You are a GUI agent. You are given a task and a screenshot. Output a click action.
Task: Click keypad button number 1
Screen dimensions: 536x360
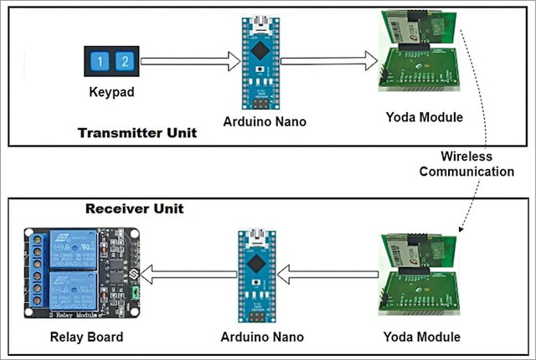click(x=100, y=61)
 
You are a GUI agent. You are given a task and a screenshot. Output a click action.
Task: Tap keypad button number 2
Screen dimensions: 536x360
click(x=125, y=61)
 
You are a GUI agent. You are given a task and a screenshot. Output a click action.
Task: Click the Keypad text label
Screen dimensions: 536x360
click(x=111, y=92)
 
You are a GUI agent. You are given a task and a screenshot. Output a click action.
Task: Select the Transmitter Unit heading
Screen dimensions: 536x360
click(x=137, y=133)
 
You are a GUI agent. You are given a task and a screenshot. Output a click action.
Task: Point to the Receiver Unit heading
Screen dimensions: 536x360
click(x=135, y=208)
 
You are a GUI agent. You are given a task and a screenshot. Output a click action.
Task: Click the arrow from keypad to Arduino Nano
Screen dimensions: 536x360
click(x=191, y=61)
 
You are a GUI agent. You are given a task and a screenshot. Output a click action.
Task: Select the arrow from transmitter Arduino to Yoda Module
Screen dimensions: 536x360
click(x=329, y=61)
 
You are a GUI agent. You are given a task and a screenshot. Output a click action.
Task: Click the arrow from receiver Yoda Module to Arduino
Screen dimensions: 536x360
click(x=327, y=275)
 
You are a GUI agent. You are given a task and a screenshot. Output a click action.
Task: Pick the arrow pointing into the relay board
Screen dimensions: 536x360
click(x=188, y=275)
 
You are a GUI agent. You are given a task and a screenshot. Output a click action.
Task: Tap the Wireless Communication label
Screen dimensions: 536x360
click(x=466, y=164)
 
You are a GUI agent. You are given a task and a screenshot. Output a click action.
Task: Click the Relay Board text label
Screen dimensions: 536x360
click(x=86, y=337)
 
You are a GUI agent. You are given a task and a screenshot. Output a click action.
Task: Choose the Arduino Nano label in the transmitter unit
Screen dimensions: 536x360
click(x=265, y=121)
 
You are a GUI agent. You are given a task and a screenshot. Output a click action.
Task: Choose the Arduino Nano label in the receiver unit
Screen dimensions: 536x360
click(x=262, y=337)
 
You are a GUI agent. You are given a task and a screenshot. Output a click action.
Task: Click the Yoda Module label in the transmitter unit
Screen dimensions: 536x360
click(x=425, y=117)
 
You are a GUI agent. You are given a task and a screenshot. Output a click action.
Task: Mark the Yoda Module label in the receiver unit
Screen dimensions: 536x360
click(x=422, y=337)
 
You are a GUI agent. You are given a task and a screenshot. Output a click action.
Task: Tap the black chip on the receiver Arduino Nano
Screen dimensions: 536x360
click(x=255, y=264)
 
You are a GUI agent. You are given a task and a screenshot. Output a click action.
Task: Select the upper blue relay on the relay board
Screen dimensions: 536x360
click(x=73, y=249)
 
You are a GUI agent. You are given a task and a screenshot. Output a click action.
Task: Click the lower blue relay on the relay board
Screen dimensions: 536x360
click(x=73, y=291)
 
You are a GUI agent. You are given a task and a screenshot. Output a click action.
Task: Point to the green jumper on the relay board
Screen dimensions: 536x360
click(x=136, y=292)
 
